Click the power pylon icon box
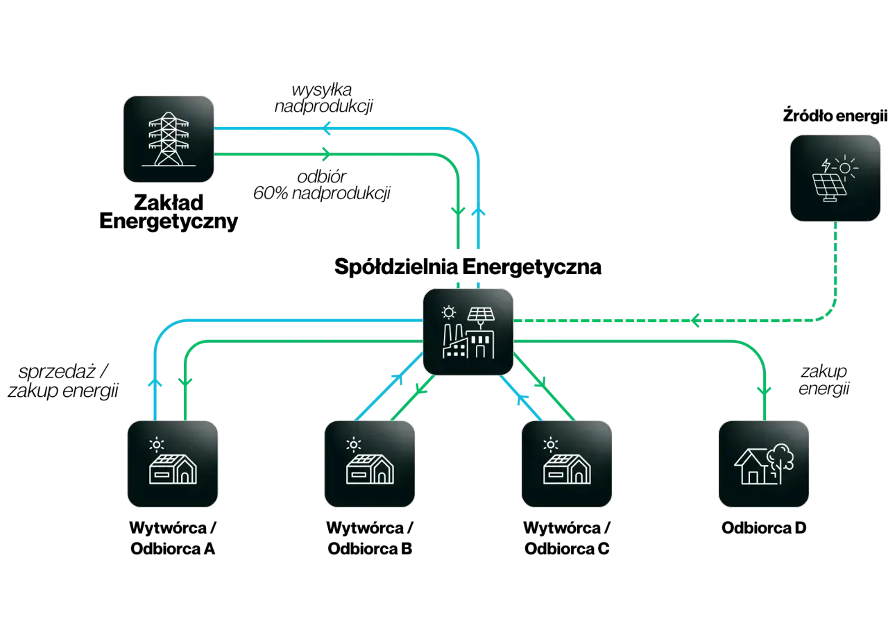[169, 139]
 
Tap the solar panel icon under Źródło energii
[835, 178]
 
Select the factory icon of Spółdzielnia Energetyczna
[468, 332]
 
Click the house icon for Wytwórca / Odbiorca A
[173, 464]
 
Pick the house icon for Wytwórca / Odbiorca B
[370, 464]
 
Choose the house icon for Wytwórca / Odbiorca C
[567, 464]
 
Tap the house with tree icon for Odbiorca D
[764, 464]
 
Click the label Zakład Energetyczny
[169, 212]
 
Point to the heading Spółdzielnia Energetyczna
[468, 266]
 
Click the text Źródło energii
[835, 115]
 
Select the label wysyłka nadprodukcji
[323, 99]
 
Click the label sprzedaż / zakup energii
[63, 381]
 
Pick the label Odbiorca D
[764, 527]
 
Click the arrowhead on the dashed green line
[695, 320]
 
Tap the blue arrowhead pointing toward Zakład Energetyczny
[326, 128]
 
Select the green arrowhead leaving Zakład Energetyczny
[326, 154]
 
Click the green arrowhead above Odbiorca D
[764, 391]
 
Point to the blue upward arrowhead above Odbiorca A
[155, 382]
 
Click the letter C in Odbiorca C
[604, 549]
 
